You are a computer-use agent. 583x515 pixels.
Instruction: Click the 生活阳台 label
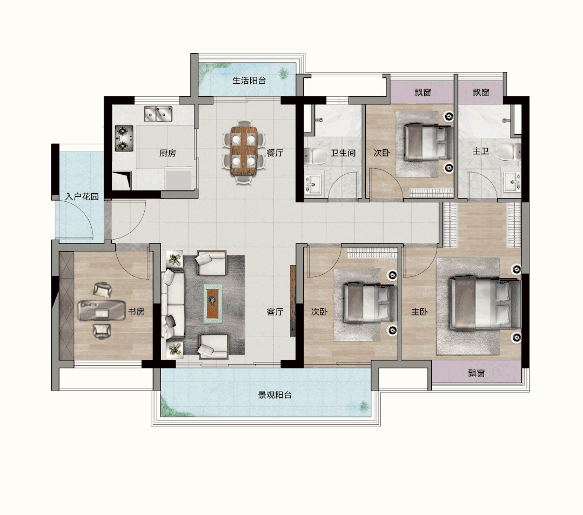[249, 81]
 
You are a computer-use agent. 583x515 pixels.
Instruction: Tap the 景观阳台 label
[275, 395]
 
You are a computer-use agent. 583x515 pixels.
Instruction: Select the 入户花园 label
[82, 196]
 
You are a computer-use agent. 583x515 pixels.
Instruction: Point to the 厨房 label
[167, 153]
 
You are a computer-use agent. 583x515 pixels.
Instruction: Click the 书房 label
[136, 311]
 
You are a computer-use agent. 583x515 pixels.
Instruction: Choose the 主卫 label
[481, 151]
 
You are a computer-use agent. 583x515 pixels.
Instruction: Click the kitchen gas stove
[124, 138]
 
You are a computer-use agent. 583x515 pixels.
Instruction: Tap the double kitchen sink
[158, 114]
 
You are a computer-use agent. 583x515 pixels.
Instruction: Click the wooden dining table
[244, 151]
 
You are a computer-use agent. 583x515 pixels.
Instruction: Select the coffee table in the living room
[213, 303]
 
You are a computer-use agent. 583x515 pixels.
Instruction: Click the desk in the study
[101, 311]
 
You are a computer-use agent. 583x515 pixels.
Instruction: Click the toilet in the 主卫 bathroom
[510, 153]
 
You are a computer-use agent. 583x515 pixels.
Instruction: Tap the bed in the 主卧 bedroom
[485, 304]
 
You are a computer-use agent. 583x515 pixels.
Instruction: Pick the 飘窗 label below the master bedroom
[477, 373]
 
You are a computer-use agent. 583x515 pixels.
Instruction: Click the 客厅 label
[275, 312]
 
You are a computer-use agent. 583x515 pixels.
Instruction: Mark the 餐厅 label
[275, 153]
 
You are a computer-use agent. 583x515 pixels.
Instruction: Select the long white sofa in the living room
[172, 304]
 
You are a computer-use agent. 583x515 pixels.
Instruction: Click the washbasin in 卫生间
[313, 183]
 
